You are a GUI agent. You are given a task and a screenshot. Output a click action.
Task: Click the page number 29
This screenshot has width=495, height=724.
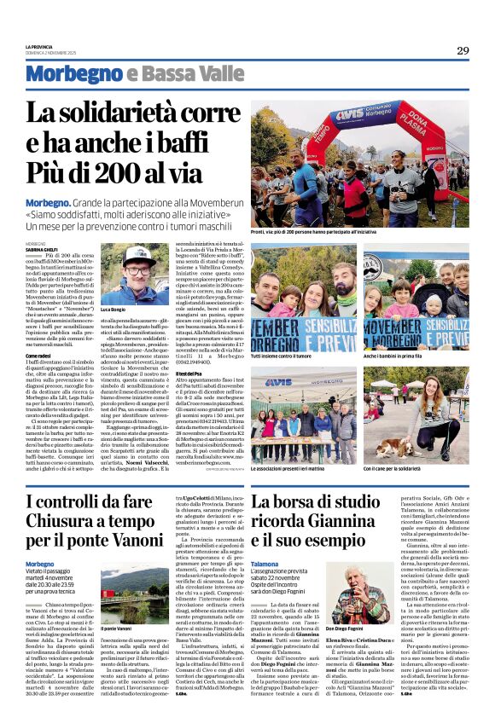pyautogui.click(x=462, y=51)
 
